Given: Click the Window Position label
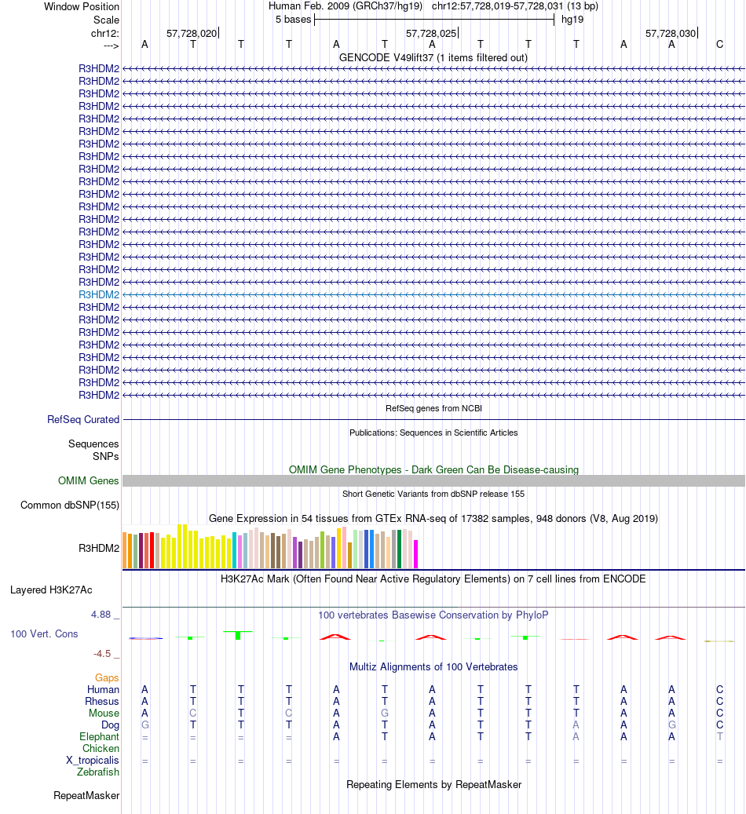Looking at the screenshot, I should [x=82, y=6].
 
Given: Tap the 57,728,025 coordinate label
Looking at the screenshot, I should [x=430, y=33].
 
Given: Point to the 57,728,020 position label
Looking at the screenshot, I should [x=191, y=33].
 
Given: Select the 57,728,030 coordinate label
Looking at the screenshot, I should [x=670, y=33].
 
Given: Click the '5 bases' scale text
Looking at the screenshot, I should [x=293, y=19].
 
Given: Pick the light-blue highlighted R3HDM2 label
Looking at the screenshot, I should [x=99, y=294].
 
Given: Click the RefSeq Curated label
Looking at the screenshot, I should [x=83, y=420].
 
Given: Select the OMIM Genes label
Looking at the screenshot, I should [x=89, y=481].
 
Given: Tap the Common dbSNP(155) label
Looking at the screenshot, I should [x=70, y=505].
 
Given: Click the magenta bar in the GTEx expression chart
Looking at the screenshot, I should [x=416, y=553].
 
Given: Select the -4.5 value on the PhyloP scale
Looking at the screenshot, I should [x=104, y=653].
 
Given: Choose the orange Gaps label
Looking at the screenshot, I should [x=107, y=677].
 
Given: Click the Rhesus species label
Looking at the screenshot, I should [x=102, y=702].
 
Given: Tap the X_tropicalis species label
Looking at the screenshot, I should [x=93, y=761].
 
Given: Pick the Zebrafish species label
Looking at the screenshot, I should [x=98, y=772].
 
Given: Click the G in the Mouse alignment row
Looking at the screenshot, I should [x=385, y=714].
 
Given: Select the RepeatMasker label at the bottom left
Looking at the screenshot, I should [x=86, y=796].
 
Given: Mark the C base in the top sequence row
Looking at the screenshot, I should [x=719, y=45].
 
